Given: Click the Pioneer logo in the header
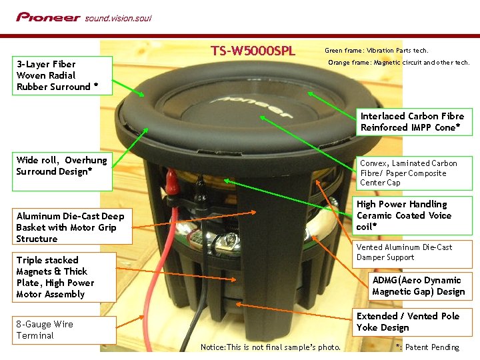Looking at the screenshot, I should tap(48, 17).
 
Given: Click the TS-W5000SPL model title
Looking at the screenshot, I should tap(253, 51).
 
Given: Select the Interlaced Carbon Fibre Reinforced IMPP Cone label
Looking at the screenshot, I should tap(412, 121).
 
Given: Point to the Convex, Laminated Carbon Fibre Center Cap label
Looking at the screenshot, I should tap(408, 173).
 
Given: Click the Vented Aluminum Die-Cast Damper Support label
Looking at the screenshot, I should tap(404, 252).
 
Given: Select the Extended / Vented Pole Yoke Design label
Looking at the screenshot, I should tap(408, 322).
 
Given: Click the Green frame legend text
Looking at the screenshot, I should tap(376, 51).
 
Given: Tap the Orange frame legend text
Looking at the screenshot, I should tap(399, 63).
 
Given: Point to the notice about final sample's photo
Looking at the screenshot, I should tap(271, 347).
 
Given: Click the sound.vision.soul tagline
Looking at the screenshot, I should tap(118, 18).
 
